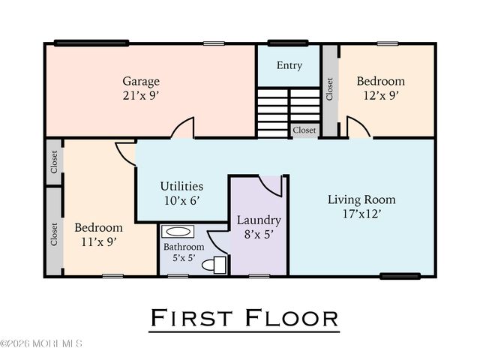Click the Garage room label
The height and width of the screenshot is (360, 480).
pos(141,81)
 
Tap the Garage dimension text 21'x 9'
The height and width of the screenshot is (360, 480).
pos(141,96)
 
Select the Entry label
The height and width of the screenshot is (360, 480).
pos(289,65)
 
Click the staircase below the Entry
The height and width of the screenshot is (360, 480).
pos(289,112)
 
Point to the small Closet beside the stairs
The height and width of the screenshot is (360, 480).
pos(304,130)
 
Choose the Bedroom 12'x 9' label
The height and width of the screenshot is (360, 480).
pos(380,81)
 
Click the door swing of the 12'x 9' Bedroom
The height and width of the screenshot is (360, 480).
pos(358,128)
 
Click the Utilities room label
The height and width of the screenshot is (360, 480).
pos(181,185)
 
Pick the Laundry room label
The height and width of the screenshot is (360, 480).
pos(259,220)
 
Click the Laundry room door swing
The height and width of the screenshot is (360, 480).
pos(270,185)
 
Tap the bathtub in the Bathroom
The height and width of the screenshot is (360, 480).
pos(176,232)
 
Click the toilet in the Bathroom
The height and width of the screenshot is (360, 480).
pos(218,264)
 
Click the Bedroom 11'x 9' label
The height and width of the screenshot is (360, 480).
pos(98,227)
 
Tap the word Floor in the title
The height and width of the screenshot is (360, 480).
pos(292,318)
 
